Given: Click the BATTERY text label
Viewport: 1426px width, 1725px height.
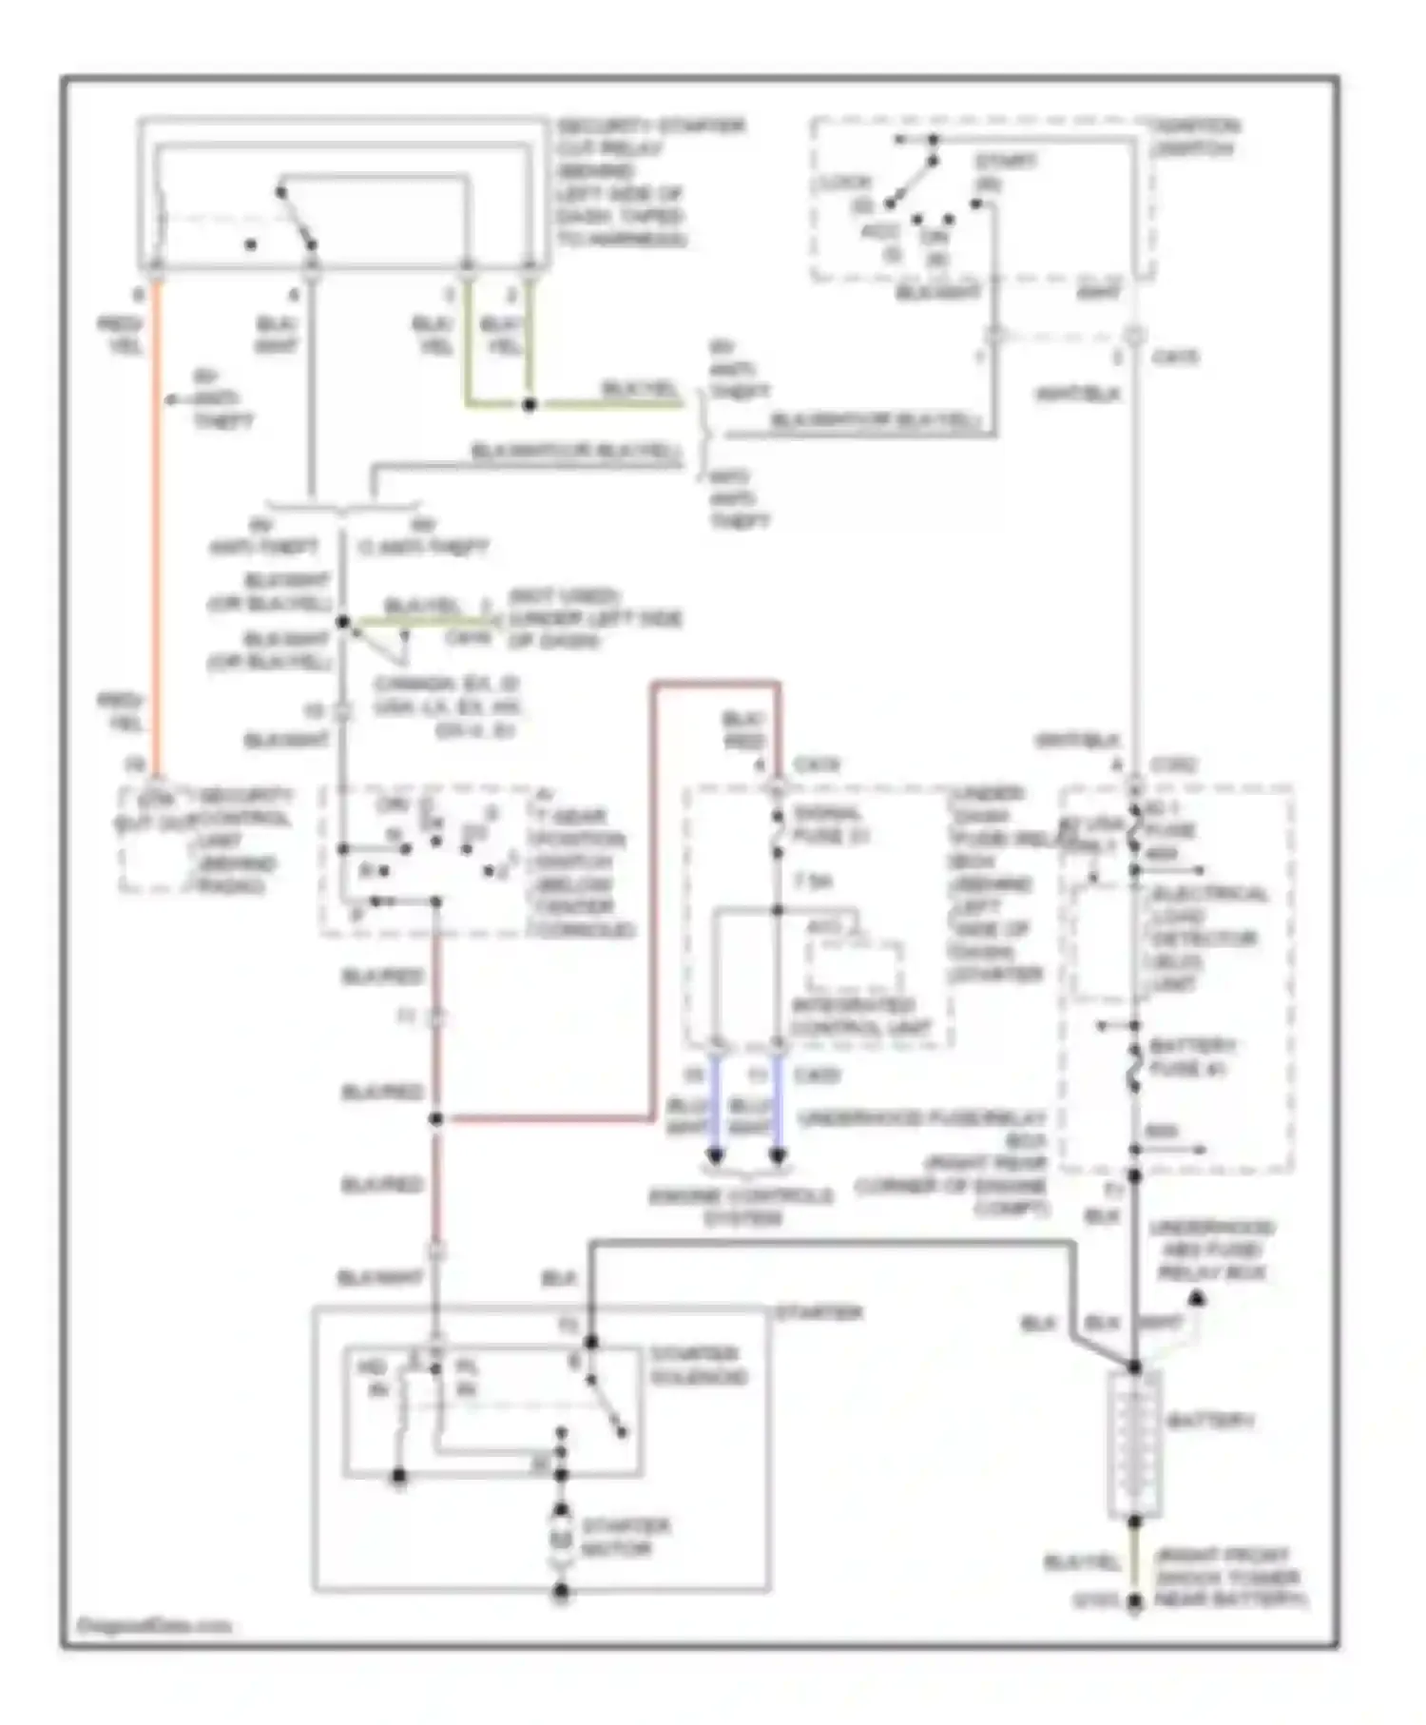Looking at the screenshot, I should [x=1209, y=1422].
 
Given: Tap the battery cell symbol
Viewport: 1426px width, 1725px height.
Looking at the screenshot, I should [x=1134, y=1445].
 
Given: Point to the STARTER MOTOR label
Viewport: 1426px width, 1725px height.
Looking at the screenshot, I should [x=625, y=1538].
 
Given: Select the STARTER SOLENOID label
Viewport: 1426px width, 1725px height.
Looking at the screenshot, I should [x=699, y=1366].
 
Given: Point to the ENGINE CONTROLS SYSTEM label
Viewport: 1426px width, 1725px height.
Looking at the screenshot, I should [x=742, y=1206].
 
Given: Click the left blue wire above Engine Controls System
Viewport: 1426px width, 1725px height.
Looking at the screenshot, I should [x=716, y=1103].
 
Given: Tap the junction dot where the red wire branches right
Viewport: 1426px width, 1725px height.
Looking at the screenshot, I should [x=436, y=1119].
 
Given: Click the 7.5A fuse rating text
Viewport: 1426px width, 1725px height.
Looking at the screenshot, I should [x=812, y=882].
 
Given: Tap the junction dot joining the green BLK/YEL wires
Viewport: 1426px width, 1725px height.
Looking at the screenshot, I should [x=530, y=404].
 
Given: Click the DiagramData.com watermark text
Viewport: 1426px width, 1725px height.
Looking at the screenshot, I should [x=152, y=1625].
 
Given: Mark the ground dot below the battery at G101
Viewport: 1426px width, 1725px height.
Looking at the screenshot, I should [x=1134, y=1602].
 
